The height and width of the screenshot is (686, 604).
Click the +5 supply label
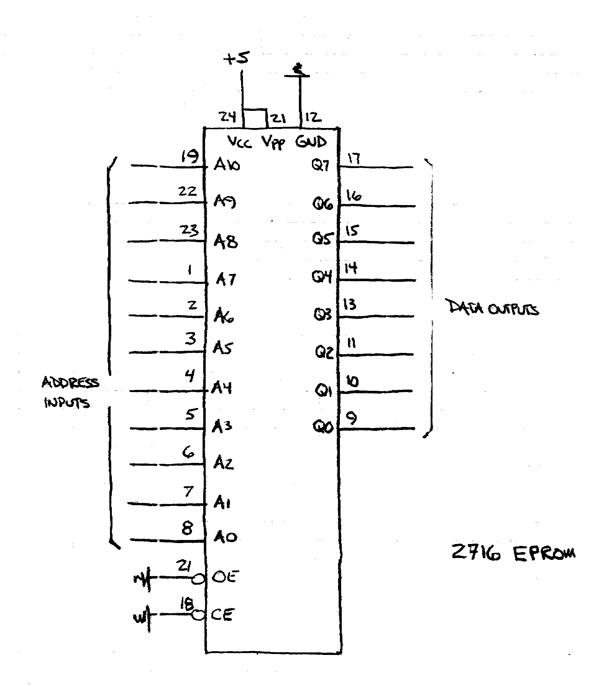(236, 58)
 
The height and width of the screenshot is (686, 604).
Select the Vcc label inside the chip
(240, 142)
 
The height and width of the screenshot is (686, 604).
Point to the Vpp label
(273, 143)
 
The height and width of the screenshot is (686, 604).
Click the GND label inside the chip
(311, 142)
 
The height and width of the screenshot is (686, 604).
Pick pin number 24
(227, 117)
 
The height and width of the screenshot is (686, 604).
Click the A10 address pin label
(227, 165)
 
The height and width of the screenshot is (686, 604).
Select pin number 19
(190, 156)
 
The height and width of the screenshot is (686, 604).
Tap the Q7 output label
(320, 165)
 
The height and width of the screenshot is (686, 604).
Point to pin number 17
(354, 158)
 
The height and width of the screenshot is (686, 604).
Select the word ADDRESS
(71, 382)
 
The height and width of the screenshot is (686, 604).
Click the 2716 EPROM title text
(513, 553)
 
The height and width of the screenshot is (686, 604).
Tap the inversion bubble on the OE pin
(198, 579)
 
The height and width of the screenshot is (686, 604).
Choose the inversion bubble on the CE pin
(198, 615)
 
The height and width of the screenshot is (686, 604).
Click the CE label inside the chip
(222, 615)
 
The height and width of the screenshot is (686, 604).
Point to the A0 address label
(225, 537)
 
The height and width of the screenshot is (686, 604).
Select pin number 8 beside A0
(188, 528)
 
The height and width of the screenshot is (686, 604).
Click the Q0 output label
(323, 427)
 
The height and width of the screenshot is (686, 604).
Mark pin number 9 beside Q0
(351, 418)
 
